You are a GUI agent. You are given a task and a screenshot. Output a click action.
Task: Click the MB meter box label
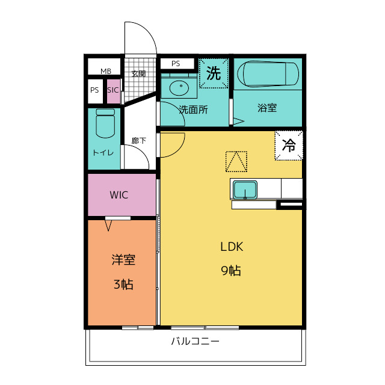[x=106, y=71]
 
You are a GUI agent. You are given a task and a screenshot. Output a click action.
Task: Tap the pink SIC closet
[x=114, y=91]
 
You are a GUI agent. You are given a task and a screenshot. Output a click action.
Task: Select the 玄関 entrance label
[x=139, y=73]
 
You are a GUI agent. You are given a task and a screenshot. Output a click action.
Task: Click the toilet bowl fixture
[x=105, y=123]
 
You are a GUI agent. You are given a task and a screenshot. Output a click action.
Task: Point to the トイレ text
[x=103, y=153]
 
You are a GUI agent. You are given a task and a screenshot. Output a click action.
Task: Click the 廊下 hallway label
[x=139, y=141]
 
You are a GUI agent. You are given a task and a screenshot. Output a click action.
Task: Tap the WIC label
[x=119, y=195]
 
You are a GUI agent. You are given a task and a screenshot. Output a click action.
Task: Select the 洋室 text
[x=123, y=260]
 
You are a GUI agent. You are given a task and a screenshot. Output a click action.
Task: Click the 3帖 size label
[x=123, y=285]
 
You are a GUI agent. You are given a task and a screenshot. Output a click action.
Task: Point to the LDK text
[x=232, y=247]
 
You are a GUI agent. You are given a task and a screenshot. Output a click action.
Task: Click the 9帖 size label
[x=231, y=271]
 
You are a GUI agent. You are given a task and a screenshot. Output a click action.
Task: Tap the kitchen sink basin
[x=245, y=190]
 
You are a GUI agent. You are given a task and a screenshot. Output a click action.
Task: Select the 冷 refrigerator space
[x=289, y=146]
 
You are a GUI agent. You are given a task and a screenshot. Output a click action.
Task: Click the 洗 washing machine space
[x=214, y=73]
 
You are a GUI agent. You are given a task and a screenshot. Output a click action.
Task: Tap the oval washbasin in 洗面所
[x=179, y=88]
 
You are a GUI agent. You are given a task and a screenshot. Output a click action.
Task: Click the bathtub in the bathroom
[x=268, y=74]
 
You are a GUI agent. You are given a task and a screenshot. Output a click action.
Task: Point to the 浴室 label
[x=267, y=108]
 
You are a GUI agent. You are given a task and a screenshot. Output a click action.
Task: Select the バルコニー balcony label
[x=195, y=341]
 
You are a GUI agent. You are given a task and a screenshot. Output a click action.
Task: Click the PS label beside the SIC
[x=94, y=90]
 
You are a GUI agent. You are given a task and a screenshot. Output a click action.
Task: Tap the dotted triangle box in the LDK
[x=236, y=162]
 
